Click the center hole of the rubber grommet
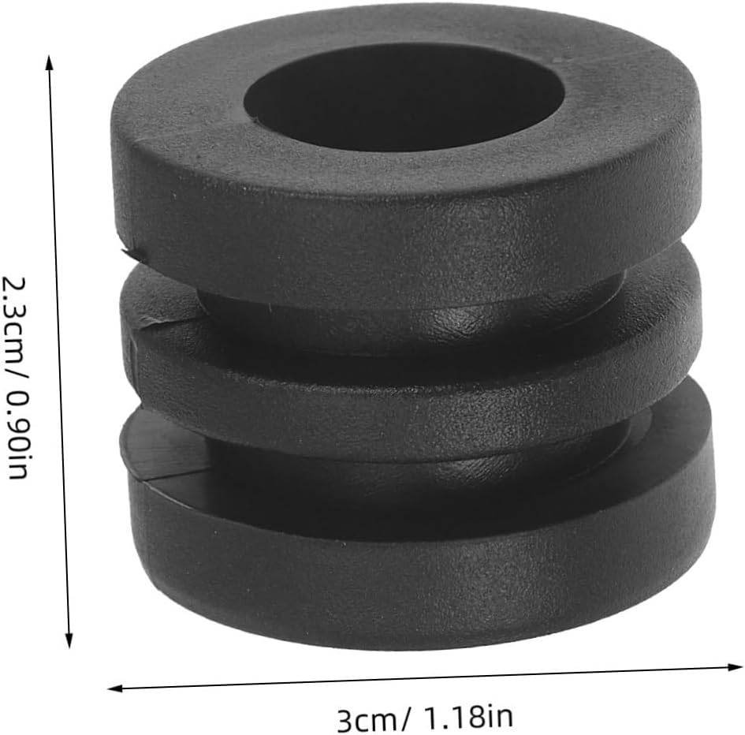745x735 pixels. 404,97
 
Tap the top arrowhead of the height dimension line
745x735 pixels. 48,62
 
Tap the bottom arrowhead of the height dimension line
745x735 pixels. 69,640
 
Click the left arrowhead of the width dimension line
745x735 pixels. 115,688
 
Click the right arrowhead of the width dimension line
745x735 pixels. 735,667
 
